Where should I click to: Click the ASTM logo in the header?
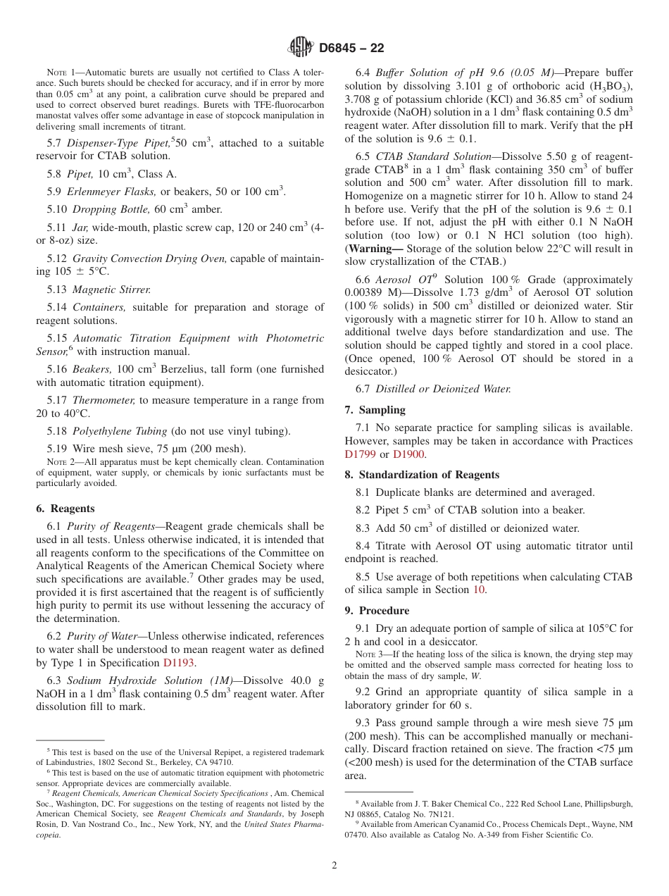(301, 48)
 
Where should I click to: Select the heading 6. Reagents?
(65, 509)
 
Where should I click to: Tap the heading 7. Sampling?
(375, 410)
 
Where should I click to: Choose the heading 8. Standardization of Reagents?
(422, 475)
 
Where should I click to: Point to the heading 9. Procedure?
(377, 611)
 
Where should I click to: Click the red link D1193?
(179, 663)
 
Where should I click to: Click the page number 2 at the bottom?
(334, 866)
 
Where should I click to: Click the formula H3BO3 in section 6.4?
(611, 86)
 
